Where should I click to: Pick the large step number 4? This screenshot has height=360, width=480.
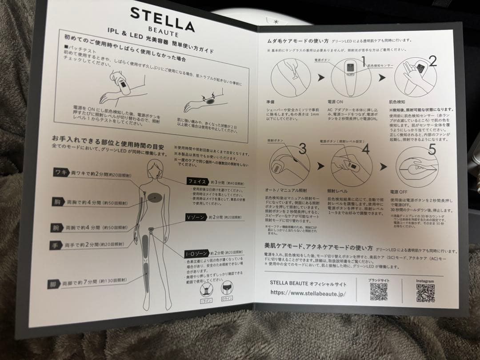365,149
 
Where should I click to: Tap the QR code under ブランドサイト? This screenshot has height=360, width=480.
378,291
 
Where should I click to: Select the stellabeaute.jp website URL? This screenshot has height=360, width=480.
308,293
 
